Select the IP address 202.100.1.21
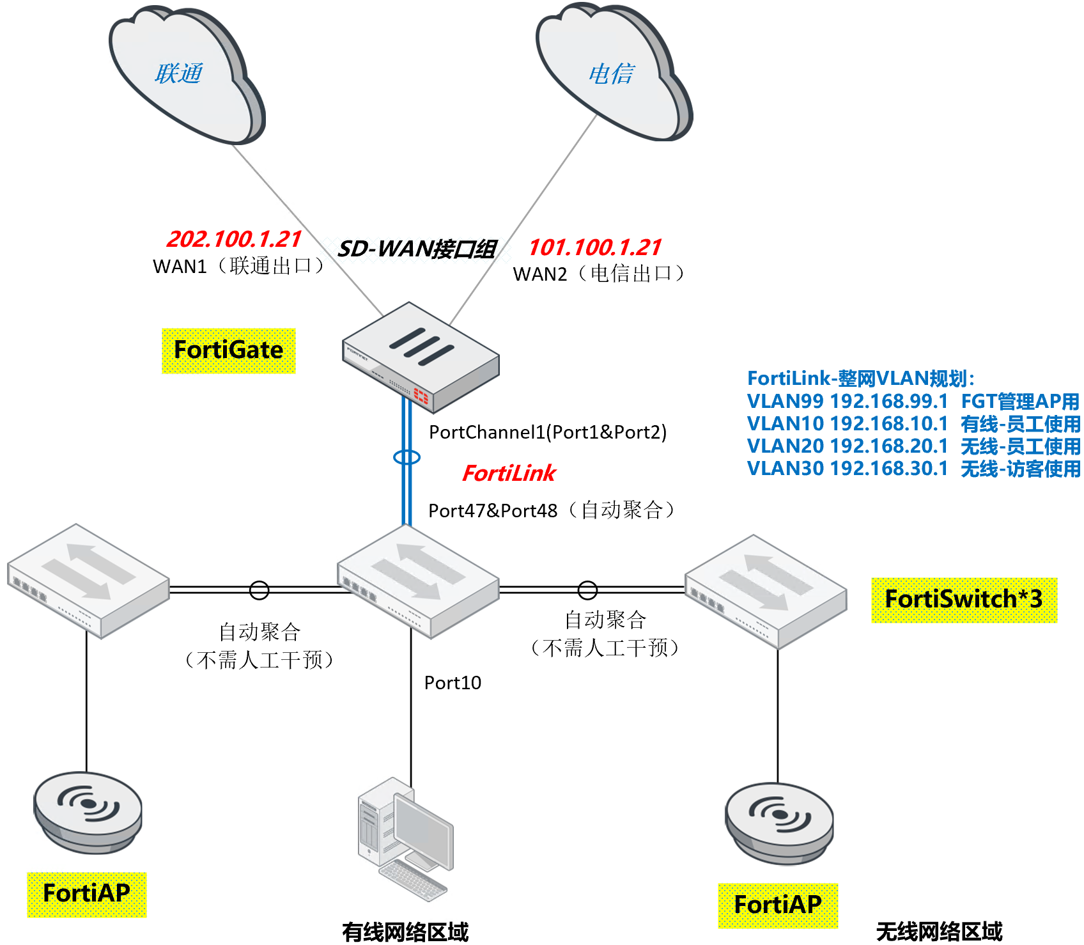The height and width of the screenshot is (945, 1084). pos(234,239)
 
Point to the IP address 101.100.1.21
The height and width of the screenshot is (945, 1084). pos(594,247)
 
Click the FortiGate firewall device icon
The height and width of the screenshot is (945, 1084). pos(420,356)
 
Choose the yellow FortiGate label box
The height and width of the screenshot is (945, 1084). pos(229,350)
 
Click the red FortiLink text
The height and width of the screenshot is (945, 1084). pos(509,473)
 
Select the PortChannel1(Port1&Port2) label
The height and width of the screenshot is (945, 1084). pos(548,432)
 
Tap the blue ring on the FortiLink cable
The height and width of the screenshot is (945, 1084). pos(407,457)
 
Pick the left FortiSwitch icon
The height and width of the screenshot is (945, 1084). pos(88,579)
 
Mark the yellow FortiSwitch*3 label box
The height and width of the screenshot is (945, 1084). pos(964,600)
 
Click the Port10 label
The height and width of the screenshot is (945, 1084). pos(453,683)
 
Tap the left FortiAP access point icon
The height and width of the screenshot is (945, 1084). pos(88,812)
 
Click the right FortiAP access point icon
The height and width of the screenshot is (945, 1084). pos(779,823)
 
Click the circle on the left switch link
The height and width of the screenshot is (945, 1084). pos(259,590)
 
